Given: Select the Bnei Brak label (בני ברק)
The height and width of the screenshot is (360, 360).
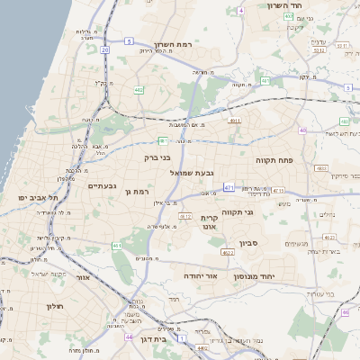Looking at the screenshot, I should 157,156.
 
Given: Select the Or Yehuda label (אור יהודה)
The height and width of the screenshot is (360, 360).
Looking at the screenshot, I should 201,274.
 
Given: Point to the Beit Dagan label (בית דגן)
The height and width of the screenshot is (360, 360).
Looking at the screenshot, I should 155,340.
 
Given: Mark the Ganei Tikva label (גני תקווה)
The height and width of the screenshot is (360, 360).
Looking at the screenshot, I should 261,212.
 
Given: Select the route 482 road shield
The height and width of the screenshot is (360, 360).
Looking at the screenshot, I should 139,90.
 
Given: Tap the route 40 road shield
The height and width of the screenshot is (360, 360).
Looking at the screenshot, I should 303,130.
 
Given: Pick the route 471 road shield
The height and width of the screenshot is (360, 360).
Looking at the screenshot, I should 229,187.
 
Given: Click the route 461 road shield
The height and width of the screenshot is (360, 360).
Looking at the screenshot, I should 116,245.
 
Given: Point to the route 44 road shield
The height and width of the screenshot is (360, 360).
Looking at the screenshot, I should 130,337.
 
